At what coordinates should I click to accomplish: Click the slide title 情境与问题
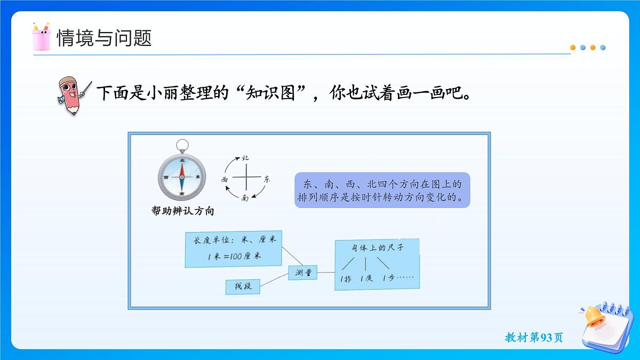point(105,38)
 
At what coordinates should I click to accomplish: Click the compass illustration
point(182,176)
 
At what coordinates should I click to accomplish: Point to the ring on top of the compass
point(182,145)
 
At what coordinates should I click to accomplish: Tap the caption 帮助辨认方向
point(183,211)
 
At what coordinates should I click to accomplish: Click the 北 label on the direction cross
point(245,158)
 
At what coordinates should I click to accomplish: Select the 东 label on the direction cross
point(267,180)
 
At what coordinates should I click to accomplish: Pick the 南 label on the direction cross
point(245,198)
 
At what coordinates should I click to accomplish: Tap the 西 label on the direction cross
point(225,180)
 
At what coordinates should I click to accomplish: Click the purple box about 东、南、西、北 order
point(382,190)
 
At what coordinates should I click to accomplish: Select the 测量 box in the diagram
point(303,273)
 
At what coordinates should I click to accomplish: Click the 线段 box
point(243,286)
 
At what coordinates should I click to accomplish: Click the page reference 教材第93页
point(533,338)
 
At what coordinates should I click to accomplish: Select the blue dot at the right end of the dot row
point(603,47)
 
